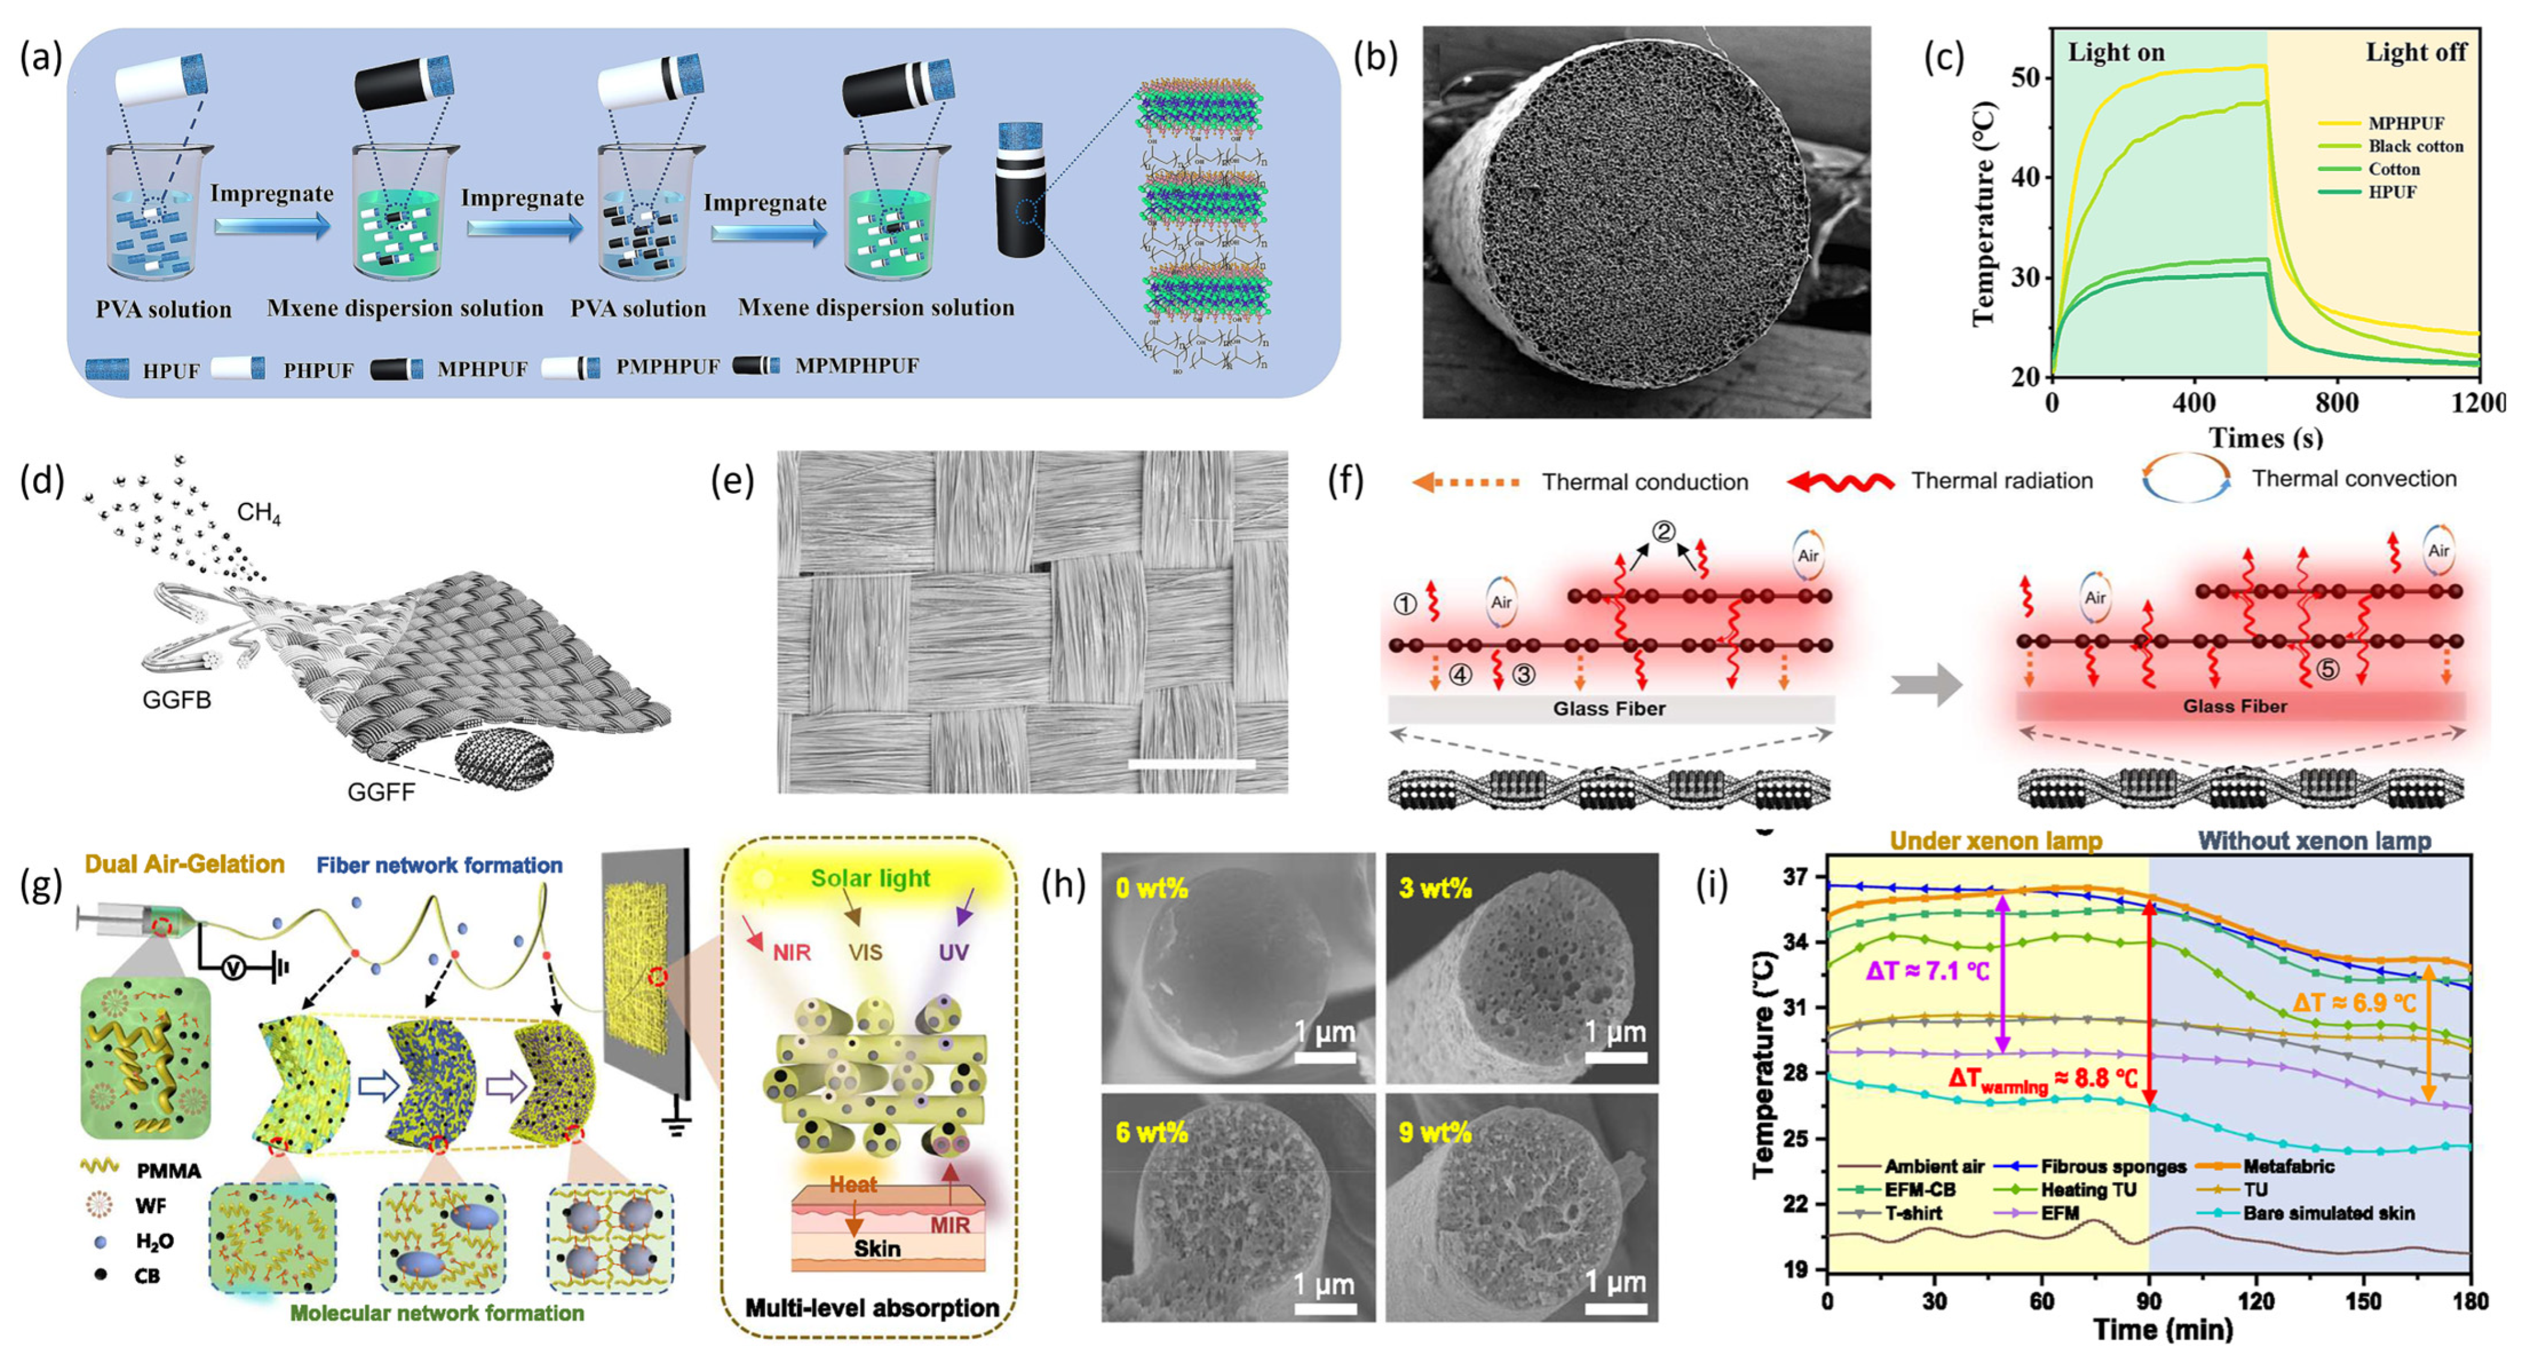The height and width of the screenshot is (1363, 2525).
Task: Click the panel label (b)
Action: (x=1374, y=59)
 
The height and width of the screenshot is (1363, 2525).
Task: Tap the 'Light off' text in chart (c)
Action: (x=2415, y=52)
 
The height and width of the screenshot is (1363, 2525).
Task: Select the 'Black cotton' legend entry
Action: (x=2415, y=146)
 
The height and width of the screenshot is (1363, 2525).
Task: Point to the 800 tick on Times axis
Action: (x=2337, y=402)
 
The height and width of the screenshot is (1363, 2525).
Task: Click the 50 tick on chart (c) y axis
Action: (x=2025, y=78)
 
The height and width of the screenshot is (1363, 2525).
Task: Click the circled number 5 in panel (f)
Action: (x=2326, y=670)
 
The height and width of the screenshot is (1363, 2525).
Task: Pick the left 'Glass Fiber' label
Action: (x=1609, y=708)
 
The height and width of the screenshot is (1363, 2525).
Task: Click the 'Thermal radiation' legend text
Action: (x=2002, y=481)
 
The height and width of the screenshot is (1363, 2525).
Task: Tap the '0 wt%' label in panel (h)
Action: (x=1152, y=888)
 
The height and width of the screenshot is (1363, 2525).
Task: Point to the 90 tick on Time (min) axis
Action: (x=2149, y=1301)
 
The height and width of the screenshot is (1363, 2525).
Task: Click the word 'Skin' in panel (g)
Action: (x=877, y=1249)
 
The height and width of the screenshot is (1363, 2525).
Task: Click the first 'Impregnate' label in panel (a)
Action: (x=272, y=193)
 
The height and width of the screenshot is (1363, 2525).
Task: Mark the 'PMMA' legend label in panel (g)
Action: (x=169, y=1171)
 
